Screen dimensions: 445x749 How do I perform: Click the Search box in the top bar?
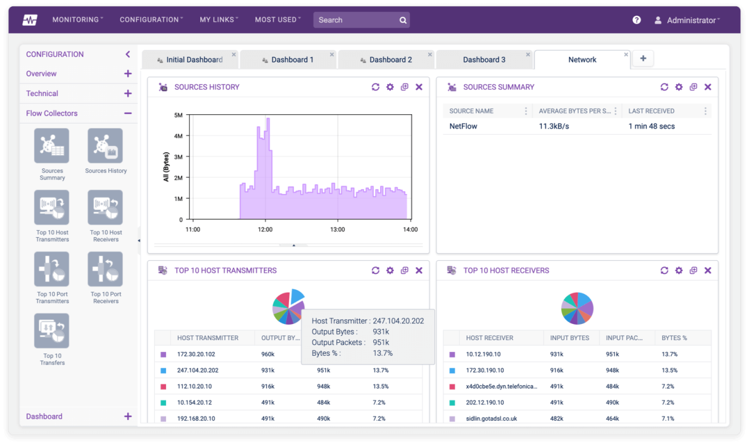pyautogui.click(x=356, y=20)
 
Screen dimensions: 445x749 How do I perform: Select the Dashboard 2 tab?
pyautogui.click(x=390, y=60)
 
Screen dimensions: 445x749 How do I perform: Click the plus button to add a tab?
pyautogui.click(x=643, y=59)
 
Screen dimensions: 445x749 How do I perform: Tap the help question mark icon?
pyautogui.click(x=637, y=20)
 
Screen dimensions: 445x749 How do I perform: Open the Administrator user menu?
pyautogui.click(x=687, y=21)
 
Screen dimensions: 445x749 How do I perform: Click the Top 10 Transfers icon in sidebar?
pyautogui.click(x=52, y=331)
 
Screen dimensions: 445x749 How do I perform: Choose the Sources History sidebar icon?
pyautogui.click(x=105, y=146)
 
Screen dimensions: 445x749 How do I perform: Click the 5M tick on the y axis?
pyautogui.click(x=178, y=115)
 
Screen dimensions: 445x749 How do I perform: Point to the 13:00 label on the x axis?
pyautogui.click(x=337, y=230)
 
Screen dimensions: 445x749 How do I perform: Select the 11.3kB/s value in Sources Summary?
pyautogui.click(x=554, y=126)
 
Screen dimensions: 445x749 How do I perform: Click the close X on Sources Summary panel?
pyautogui.click(x=708, y=87)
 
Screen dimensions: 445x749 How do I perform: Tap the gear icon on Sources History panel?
pyautogui.click(x=390, y=87)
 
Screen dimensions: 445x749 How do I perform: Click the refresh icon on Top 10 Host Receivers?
pyautogui.click(x=664, y=271)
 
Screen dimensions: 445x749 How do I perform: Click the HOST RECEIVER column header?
pyautogui.click(x=489, y=338)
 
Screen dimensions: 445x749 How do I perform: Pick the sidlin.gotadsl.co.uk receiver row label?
pyautogui.click(x=491, y=419)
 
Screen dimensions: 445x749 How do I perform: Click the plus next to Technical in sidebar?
pyautogui.click(x=128, y=94)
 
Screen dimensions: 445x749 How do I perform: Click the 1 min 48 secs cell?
pyautogui.click(x=651, y=126)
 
